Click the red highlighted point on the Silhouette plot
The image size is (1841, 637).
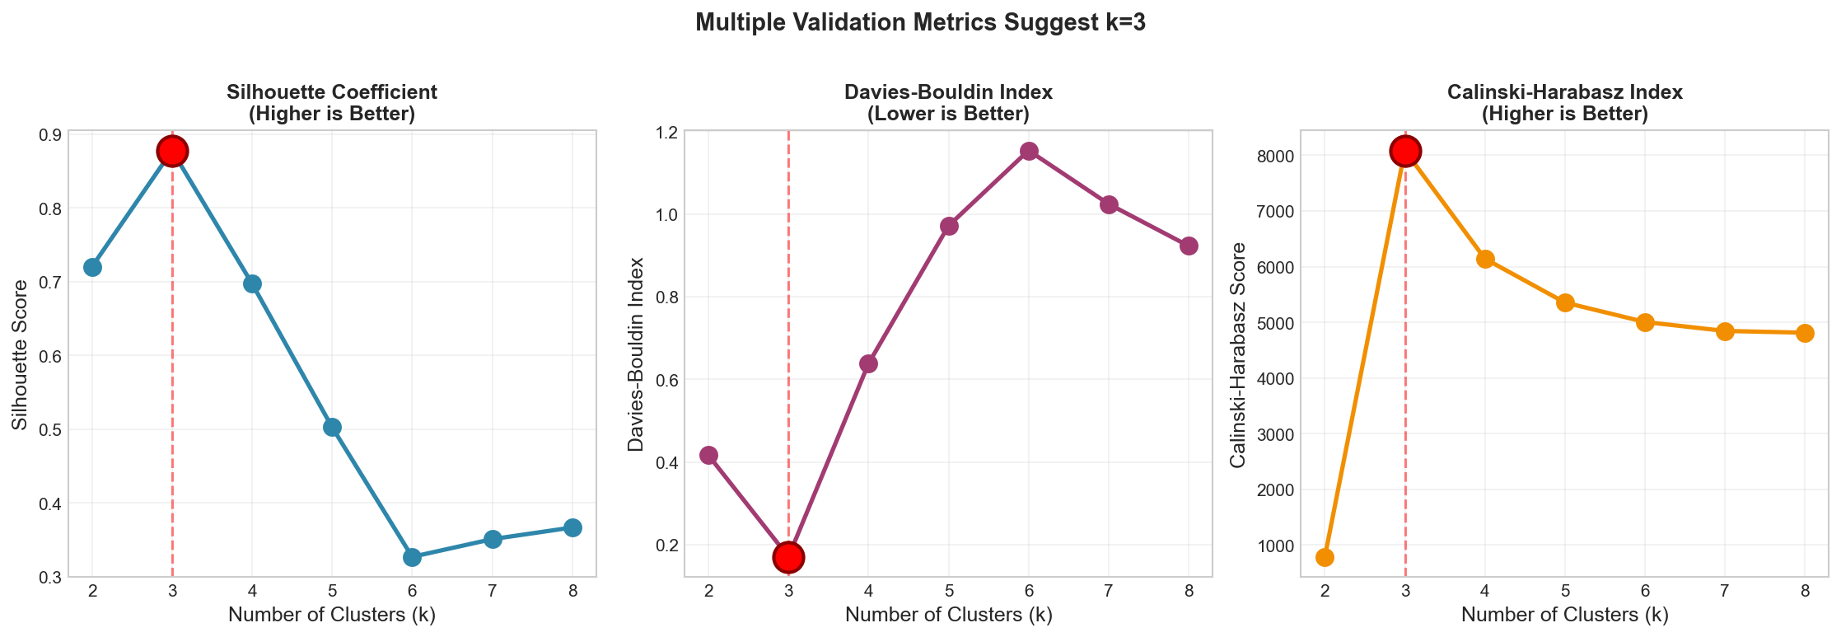click(172, 151)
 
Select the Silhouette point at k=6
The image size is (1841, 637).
click(413, 557)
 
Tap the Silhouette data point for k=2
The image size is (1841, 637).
click(92, 267)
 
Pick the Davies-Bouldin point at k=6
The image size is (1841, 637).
click(1029, 151)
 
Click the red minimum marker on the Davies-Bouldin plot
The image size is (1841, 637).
click(788, 557)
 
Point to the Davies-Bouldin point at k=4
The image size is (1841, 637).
click(868, 363)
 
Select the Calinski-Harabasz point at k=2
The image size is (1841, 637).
click(1325, 557)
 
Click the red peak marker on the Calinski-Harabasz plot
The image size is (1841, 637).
click(1405, 151)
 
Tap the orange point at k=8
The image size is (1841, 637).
click(1805, 333)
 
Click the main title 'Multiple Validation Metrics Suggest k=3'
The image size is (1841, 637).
click(920, 22)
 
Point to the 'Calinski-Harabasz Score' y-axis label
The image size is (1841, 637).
click(1238, 355)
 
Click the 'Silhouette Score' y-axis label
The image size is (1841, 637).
click(21, 354)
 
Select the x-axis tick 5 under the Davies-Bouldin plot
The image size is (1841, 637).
click(949, 590)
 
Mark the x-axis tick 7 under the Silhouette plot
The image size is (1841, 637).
click(493, 590)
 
